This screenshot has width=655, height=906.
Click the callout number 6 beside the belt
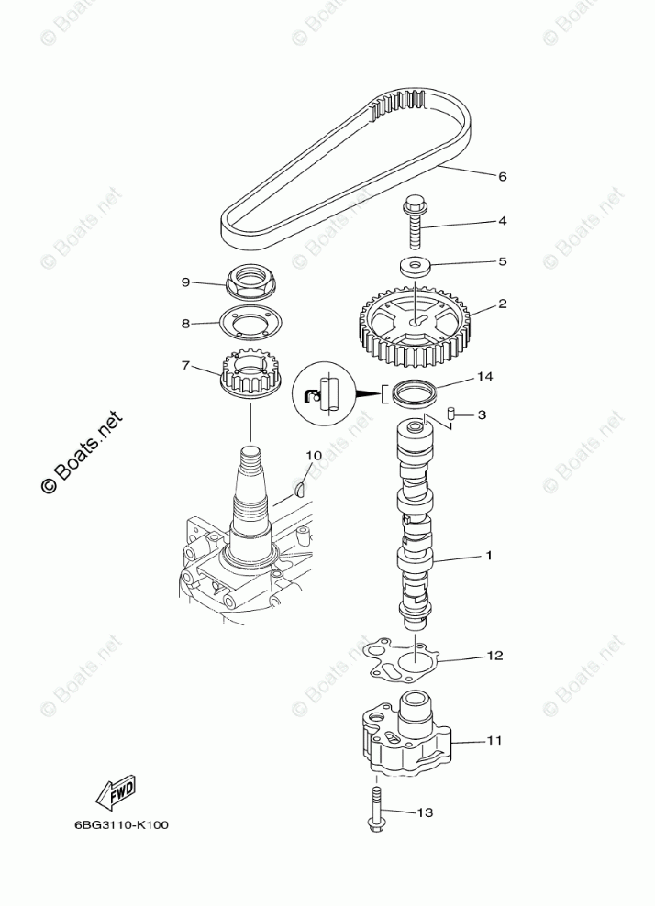click(x=502, y=176)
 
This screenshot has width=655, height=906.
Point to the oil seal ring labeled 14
click(x=414, y=393)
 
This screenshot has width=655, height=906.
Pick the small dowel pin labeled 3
click(x=451, y=414)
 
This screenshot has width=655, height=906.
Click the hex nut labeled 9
click(x=250, y=282)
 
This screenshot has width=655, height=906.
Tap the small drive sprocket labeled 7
click(x=250, y=375)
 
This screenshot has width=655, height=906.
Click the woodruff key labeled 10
click(x=299, y=490)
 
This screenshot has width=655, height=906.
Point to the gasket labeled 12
click(x=401, y=661)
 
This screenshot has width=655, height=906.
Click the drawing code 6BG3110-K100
click(x=121, y=841)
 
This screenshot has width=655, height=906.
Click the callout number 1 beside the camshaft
click(x=489, y=557)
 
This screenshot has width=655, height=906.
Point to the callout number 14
click(x=484, y=377)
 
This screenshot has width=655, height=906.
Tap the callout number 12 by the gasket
click(x=494, y=656)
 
